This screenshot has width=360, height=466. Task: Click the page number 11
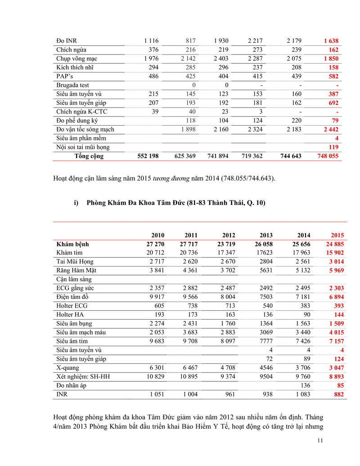[x=320, y=441]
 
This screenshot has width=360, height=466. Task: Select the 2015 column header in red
[x=337, y=235]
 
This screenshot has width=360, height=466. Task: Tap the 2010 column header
[x=157, y=235]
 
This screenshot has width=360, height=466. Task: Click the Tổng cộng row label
[x=89, y=156]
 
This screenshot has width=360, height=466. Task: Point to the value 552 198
[x=148, y=156]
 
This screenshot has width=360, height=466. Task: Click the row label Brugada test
[x=72, y=85]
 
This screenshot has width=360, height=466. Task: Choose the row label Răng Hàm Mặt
[x=76, y=271]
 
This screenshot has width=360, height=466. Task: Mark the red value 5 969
[x=335, y=271]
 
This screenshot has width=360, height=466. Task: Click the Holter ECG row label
[x=72, y=306]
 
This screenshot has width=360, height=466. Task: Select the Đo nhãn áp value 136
[x=305, y=385]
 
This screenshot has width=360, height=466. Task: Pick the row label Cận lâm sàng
[x=73, y=279]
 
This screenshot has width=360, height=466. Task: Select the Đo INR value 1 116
[x=148, y=41]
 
